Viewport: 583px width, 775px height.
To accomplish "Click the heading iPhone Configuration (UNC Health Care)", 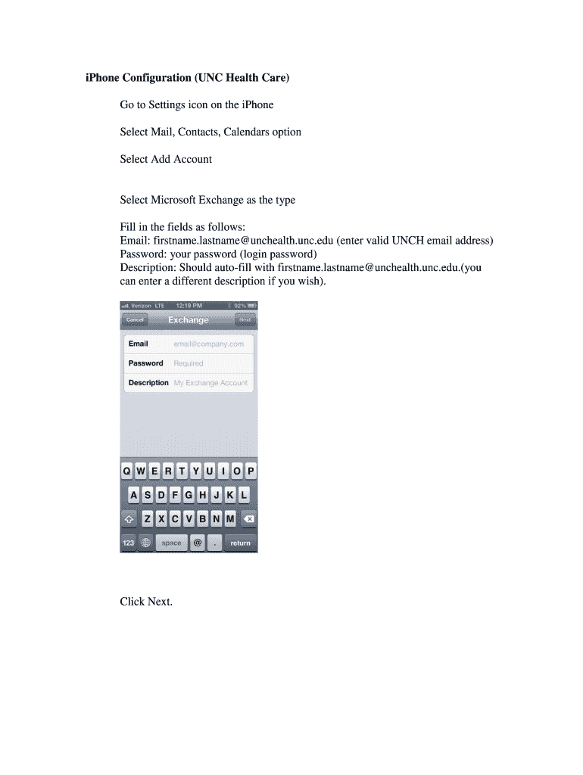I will pos(187,78).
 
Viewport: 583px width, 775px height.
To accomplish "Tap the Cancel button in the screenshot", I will pos(136,320).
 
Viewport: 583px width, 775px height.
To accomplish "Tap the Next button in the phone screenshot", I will pos(245,320).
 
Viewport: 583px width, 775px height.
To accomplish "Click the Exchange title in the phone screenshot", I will pos(189,320).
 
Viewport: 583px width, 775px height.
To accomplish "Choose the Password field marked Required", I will pos(189,363).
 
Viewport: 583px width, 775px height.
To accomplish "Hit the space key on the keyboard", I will pos(172,543).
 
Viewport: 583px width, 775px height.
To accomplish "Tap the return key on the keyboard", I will pos(240,543).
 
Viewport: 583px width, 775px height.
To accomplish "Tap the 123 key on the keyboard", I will pos(129,543).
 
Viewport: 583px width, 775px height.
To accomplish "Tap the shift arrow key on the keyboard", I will pos(129,519).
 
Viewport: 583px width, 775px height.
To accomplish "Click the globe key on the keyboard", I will pos(145,543).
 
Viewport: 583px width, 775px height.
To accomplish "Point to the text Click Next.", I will pos(146,602).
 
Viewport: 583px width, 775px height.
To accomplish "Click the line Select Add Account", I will pos(166,159).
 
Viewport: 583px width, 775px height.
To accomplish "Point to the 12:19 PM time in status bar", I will pos(188,306).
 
